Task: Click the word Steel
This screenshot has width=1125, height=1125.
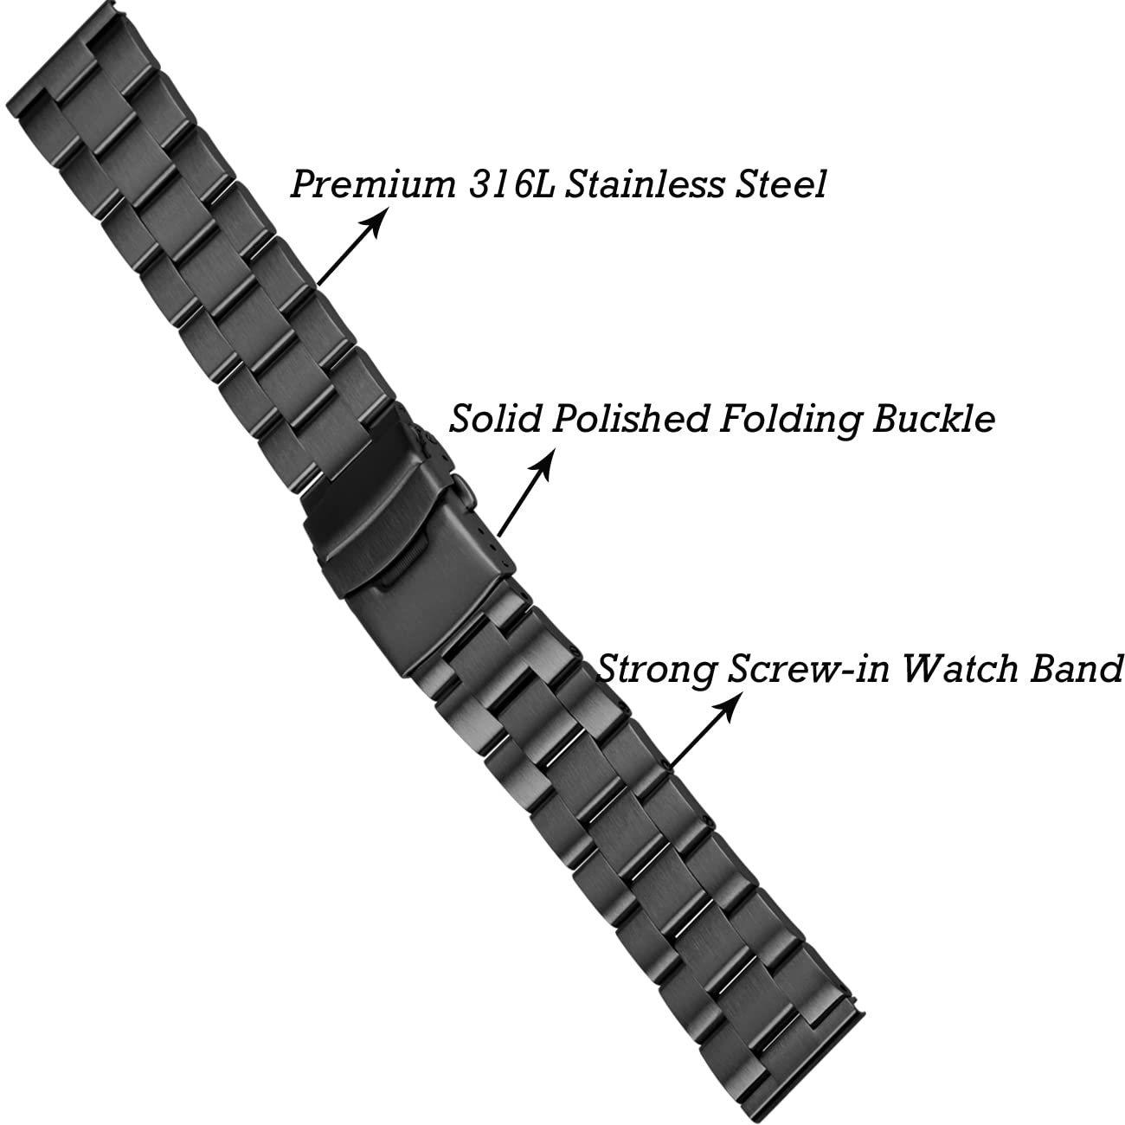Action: pos(779,184)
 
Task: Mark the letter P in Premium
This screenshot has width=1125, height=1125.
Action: pos(304,184)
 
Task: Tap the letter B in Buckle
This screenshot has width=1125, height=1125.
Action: pos(887,419)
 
